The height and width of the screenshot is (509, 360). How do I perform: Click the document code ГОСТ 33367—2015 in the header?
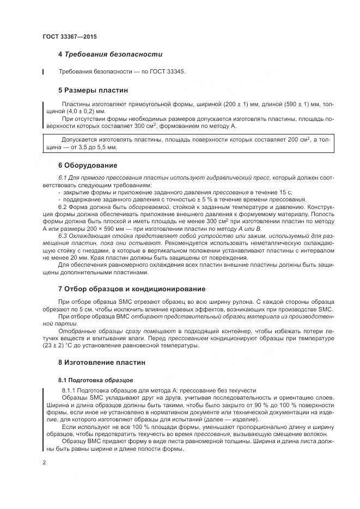(69, 36)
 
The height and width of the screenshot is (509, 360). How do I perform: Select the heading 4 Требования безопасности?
(111, 54)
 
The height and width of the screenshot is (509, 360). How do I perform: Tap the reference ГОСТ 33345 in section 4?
(168, 72)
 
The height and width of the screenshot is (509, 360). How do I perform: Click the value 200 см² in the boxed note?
(295, 140)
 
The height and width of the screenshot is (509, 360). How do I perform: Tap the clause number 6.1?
(63, 178)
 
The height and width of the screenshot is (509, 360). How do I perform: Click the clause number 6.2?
(63, 207)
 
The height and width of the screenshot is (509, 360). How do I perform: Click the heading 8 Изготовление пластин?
(102, 362)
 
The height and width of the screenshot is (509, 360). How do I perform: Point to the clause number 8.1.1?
(69, 391)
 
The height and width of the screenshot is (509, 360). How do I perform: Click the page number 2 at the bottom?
(44, 462)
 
